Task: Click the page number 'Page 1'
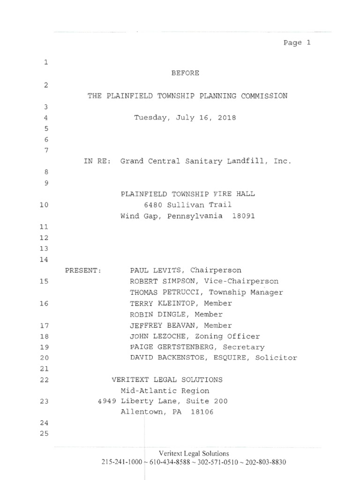pos(297,43)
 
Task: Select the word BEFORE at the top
pos(185,73)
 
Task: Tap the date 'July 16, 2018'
pos(206,118)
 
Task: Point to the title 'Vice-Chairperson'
pos(246,281)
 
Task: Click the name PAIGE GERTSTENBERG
pos(174,347)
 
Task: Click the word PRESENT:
pos(83,270)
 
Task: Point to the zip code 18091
pos(243,216)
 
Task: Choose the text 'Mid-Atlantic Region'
pos(165,390)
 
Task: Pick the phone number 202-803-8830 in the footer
pos(265,462)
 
